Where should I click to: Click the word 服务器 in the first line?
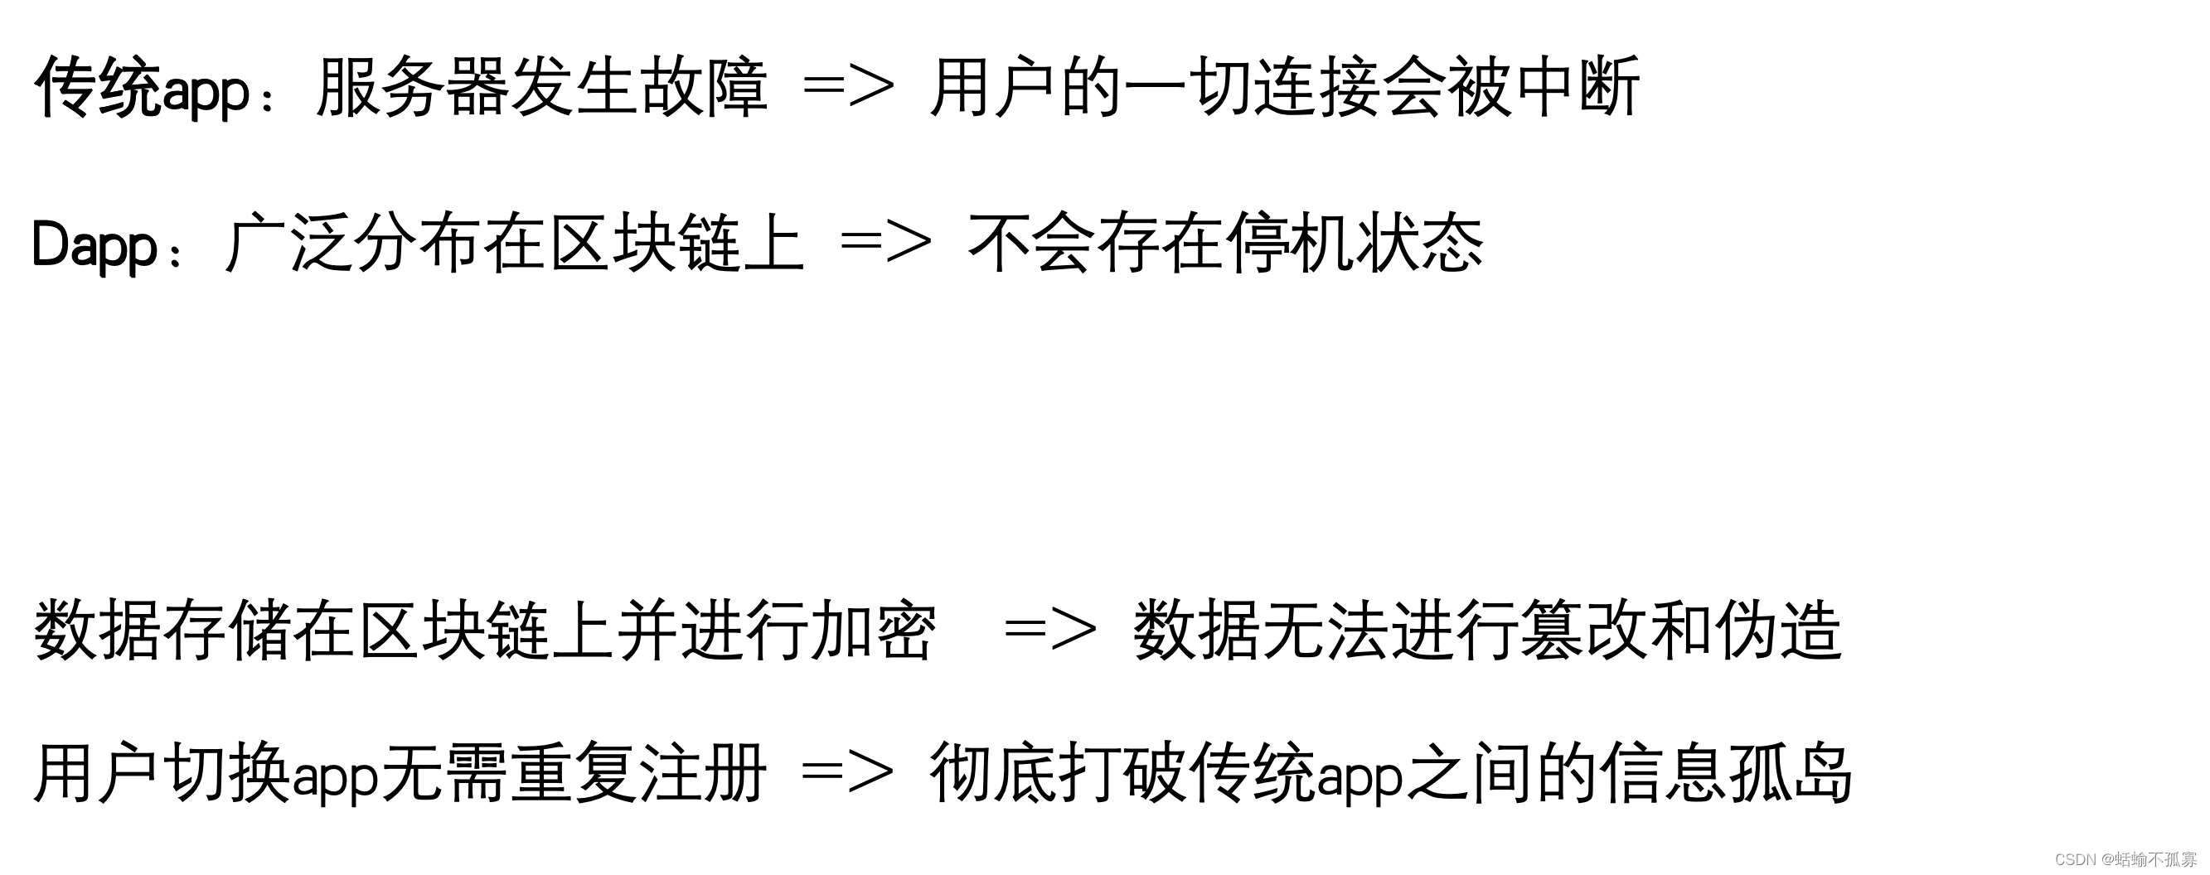(413, 88)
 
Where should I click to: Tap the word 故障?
(705, 88)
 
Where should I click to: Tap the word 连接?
(1319, 88)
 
